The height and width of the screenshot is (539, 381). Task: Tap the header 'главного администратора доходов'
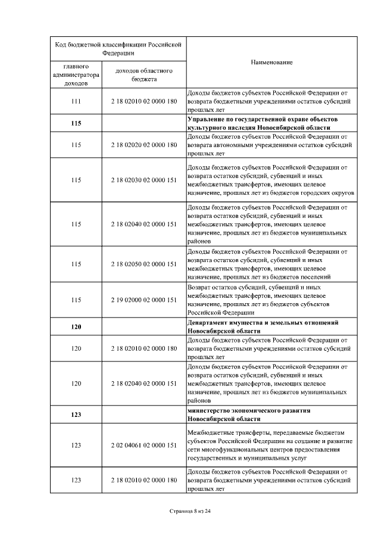[x=76, y=74]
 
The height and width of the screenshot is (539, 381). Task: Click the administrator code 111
[x=76, y=101]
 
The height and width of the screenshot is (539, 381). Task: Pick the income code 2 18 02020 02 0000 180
[x=144, y=145]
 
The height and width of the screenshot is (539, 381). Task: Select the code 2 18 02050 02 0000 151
[x=144, y=263]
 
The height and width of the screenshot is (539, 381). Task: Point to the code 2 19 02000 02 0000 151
[x=144, y=300]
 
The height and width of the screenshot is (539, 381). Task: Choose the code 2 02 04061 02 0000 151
[x=144, y=445]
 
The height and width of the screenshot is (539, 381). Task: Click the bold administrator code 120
[x=76, y=327]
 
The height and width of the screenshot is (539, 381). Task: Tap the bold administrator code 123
[x=76, y=415]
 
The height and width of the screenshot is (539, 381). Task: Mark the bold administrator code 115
[x=76, y=123]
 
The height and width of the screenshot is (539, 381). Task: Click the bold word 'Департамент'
[x=208, y=322]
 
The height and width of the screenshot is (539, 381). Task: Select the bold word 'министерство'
[x=208, y=410]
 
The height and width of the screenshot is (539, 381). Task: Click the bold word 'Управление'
[x=206, y=119]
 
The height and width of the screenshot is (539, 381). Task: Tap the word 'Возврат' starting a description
[x=200, y=286]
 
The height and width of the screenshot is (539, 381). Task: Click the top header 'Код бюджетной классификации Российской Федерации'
[x=117, y=48]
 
